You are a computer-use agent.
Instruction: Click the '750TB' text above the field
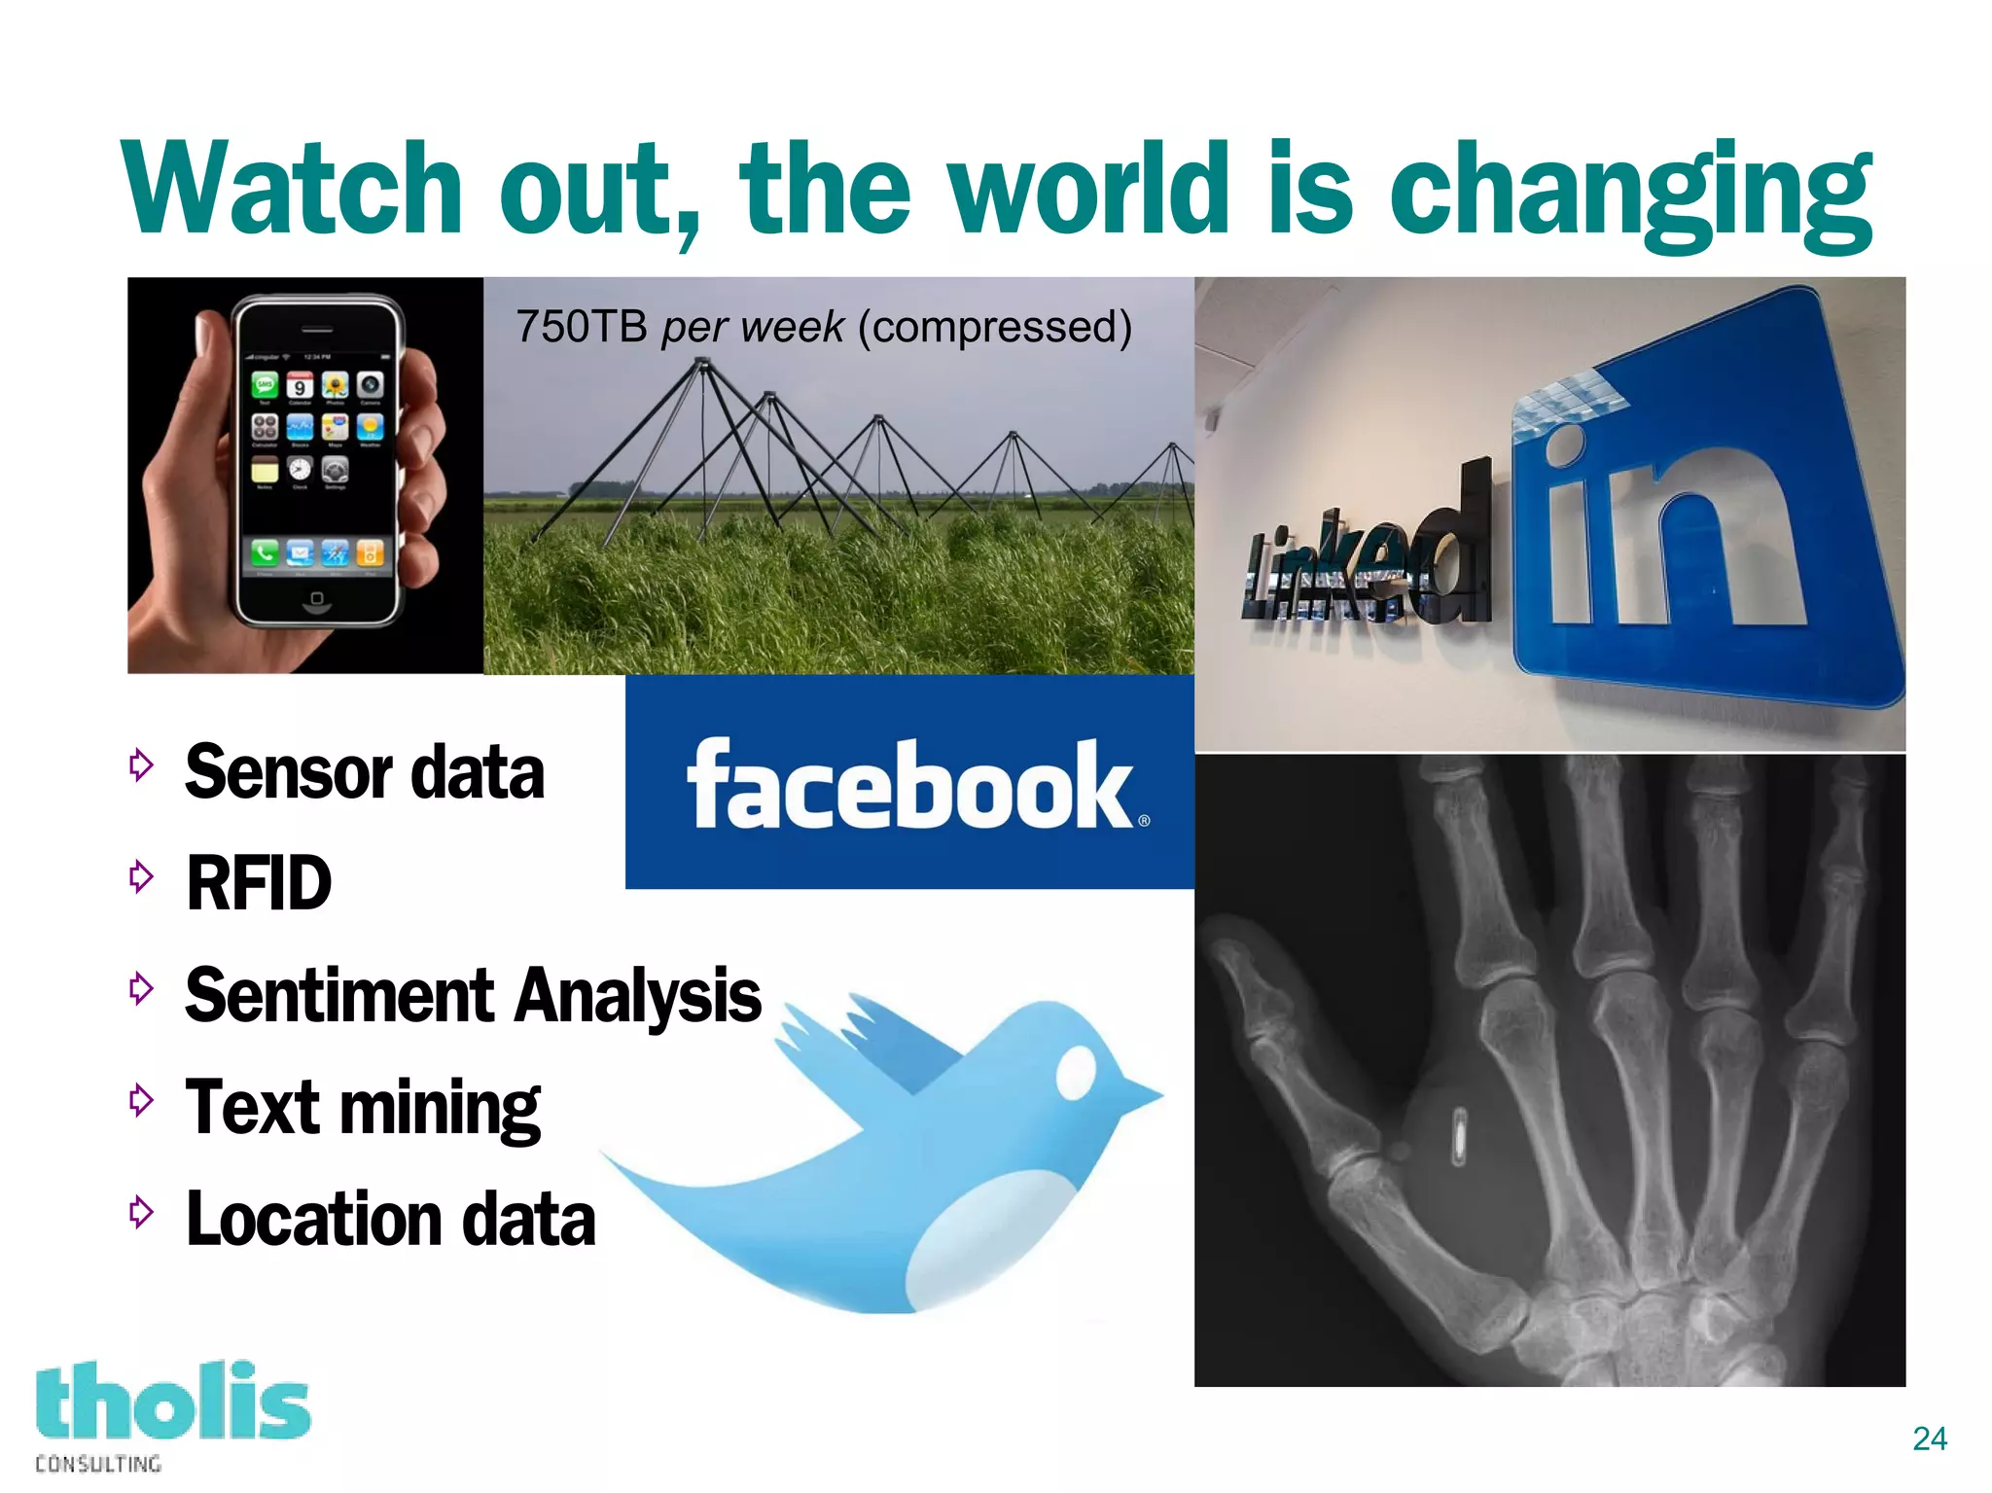click(x=581, y=327)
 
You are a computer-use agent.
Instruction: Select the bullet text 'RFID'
click(x=259, y=883)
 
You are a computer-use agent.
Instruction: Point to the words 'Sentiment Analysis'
click(x=473, y=995)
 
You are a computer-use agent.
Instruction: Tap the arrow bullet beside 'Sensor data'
click(x=141, y=765)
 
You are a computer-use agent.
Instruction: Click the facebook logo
click(x=909, y=784)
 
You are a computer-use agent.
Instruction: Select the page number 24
click(x=1930, y=1439)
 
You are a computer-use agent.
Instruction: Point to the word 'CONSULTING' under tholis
click(x=98, y=1464)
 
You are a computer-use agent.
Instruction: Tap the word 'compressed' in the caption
click(x=994, y=327)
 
